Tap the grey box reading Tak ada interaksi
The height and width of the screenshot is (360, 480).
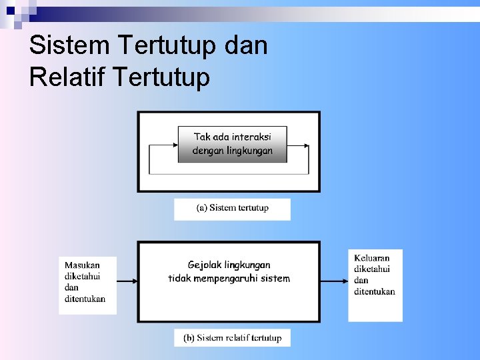232,143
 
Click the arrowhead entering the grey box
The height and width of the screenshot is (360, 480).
175,145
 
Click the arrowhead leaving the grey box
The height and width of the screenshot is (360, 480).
306,145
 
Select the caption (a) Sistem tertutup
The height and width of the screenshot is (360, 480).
232,208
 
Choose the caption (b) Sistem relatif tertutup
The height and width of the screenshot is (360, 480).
232,338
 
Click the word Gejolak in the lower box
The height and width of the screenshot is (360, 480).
205,265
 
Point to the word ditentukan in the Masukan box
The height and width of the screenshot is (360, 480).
85,299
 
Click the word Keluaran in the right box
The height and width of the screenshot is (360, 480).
371,258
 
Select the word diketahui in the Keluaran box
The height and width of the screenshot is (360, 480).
371,269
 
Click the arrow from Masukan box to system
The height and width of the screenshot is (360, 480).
127,281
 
